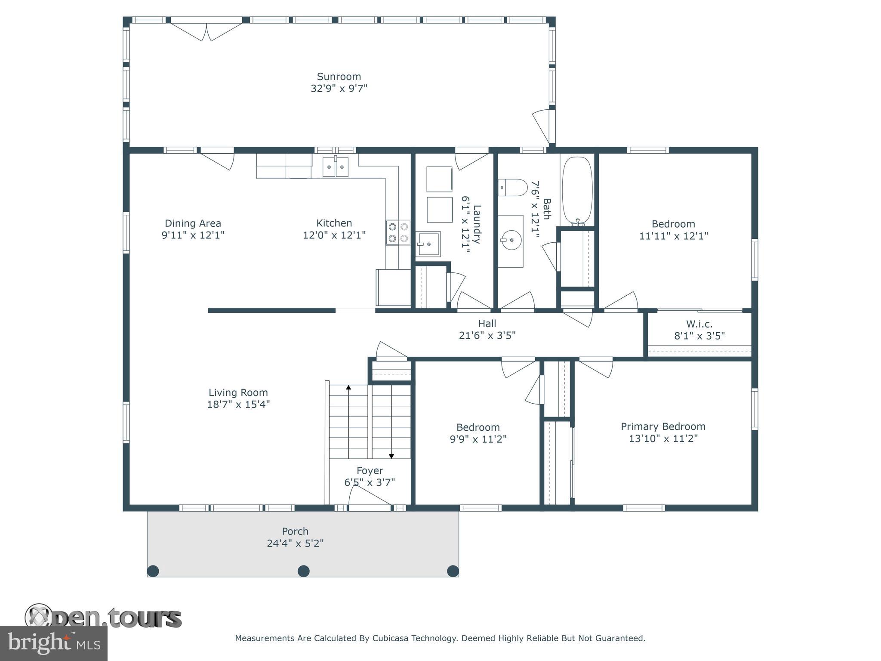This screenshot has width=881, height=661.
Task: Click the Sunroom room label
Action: click(x=339, y=77)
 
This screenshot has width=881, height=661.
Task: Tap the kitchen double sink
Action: click(x=336, y=167)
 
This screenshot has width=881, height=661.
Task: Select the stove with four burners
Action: click(x=398, y=232)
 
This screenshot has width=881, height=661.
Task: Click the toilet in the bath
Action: click(x=513, y=188)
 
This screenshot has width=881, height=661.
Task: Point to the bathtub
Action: click(x=577, y=190)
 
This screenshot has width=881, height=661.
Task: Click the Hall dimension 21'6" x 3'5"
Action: click(x=487, y=335)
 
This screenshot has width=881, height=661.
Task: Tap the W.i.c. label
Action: click(x=699, y=324)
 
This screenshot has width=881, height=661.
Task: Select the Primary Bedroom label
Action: click(x=663, y=426)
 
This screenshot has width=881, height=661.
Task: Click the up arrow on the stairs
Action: click(x=348, y=388)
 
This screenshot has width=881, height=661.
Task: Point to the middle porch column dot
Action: click(x=304, y=571)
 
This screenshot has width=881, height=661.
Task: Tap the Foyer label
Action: click(x=370, y=470)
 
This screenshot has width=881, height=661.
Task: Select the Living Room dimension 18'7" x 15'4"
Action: click(x=238, y=404)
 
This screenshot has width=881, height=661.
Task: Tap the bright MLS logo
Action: click(x=54, y=642)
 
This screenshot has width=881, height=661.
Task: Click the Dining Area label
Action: click(x=193, y=223)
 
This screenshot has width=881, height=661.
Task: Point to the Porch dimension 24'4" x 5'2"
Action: click(x=295, y=543)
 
